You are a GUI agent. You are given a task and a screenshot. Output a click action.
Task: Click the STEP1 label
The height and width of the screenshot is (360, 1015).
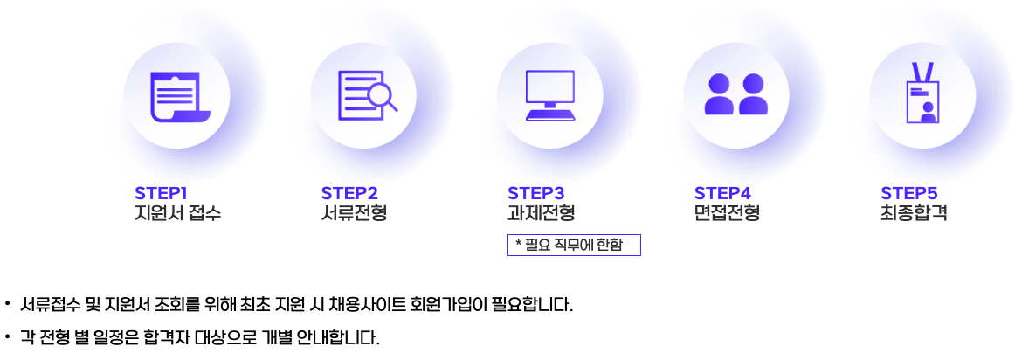click(162, 193)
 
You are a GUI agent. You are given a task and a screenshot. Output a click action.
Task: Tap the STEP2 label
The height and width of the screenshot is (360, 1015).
click(349, 193)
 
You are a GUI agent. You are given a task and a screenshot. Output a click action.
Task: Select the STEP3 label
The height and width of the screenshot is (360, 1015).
click(536, 193)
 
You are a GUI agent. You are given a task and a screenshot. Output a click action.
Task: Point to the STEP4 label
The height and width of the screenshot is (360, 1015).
click(723, 193)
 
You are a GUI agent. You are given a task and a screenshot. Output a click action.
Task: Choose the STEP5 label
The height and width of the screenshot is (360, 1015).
click(909, 193)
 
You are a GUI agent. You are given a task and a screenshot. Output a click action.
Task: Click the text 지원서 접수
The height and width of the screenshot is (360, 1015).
click(177, 213)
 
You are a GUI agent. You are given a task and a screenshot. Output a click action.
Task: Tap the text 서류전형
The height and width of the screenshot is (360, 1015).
click(354, 213)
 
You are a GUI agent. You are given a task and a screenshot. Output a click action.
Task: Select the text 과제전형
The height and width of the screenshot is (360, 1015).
click(541, 213)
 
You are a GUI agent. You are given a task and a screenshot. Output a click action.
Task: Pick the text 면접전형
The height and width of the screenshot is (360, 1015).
click(727, 213)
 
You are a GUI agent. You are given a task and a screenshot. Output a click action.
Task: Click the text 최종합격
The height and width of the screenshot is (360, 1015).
click(914, 213)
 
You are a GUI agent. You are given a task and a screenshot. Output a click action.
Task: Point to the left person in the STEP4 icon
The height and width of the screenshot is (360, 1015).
click(719, 95)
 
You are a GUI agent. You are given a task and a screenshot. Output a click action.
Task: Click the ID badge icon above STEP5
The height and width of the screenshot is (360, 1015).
click(922, 95)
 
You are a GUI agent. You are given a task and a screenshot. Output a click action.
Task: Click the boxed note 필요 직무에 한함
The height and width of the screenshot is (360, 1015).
click(574, 245)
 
